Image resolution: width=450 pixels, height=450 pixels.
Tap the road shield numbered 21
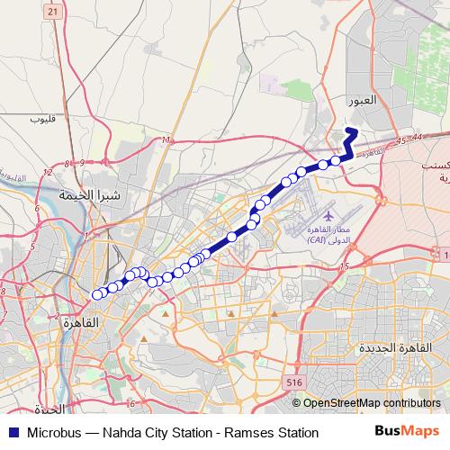point(53,11)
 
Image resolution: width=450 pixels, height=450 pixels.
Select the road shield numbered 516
point(293,382)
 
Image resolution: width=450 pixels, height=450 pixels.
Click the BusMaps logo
point(409,432)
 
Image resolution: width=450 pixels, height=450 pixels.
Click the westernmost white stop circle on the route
point(97,293)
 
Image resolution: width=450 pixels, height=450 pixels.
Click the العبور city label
point(362,102)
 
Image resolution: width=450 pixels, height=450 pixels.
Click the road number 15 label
point(344,266)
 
